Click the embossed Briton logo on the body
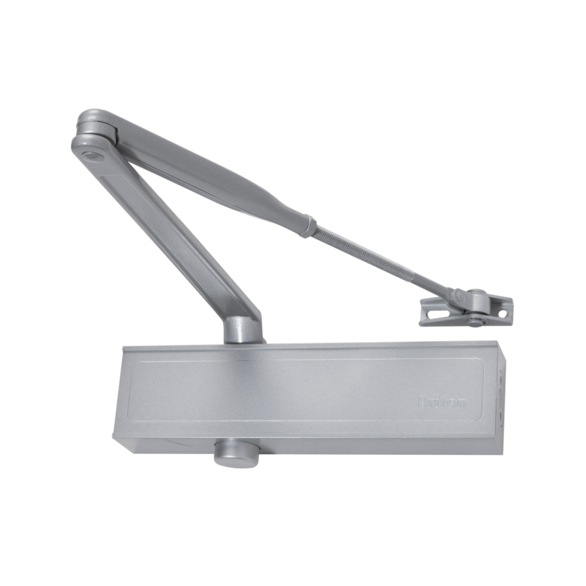pos(442,402)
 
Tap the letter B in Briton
pos(423,402)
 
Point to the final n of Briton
pos(463,403)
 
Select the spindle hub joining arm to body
pos(243,329)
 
